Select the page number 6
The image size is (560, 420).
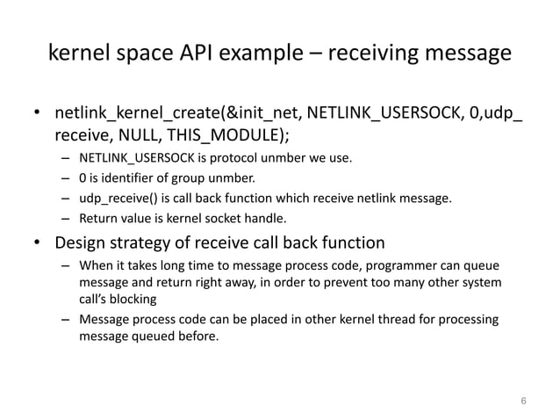click(524, 402)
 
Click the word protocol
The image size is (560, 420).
click(235, 159)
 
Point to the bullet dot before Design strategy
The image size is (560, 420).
click(37, 243)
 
